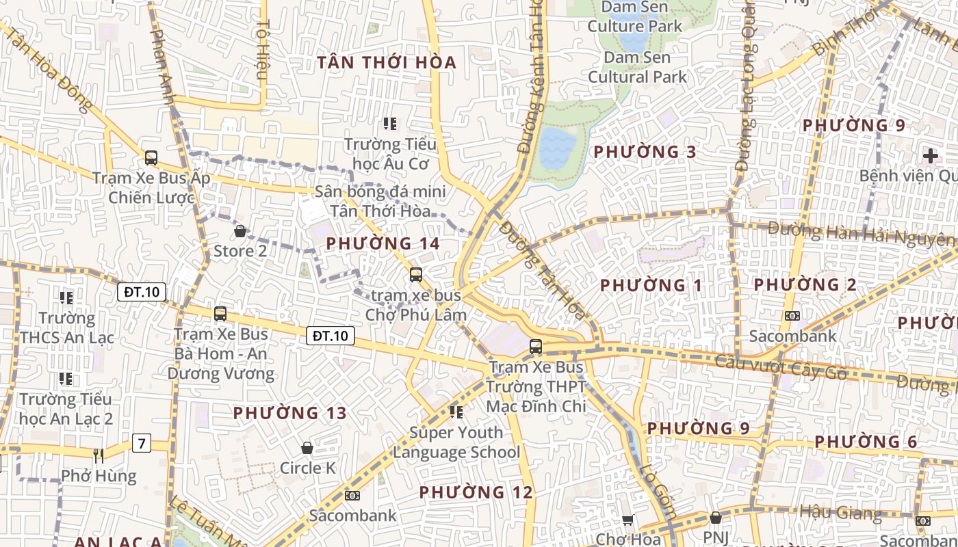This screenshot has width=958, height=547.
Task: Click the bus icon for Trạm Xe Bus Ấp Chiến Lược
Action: (x=151, y=158)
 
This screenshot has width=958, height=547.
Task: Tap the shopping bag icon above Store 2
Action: (x=240, y=231)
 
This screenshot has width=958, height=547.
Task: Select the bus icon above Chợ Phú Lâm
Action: (x=415, y=275)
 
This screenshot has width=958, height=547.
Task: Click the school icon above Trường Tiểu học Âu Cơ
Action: (x=390, y=124)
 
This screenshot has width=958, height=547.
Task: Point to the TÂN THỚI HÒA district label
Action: (x=387, y=63)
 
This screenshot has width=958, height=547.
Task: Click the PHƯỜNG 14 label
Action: (x=383, y=243)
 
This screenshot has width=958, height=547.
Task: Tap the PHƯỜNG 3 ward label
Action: (x=645, y=152)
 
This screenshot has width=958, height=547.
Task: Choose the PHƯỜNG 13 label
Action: (x=289, y=413)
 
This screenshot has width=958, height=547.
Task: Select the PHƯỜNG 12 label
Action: (x=476, y=492)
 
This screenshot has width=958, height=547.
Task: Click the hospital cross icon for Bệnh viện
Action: (x=930, y=155)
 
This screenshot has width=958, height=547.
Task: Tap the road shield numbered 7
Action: (x=142, y=443)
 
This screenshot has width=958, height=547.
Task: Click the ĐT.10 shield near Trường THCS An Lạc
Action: (x=142, y=292)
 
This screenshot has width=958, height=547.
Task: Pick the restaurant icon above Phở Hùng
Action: (x=99, y=455)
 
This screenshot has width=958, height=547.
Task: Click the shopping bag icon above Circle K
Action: (x=307, y=448)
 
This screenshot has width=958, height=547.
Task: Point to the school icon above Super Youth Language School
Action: (x=456, y=412)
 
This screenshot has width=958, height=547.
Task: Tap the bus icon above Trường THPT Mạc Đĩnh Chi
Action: (x=536, y=347)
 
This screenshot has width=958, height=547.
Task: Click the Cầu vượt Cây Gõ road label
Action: (x=781, y=367)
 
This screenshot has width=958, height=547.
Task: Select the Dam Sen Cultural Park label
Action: (x=637, y=67)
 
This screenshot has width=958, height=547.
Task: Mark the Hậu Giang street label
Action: (x=840, y=512)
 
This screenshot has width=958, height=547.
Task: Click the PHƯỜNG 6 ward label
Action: (x=866, y=442)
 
